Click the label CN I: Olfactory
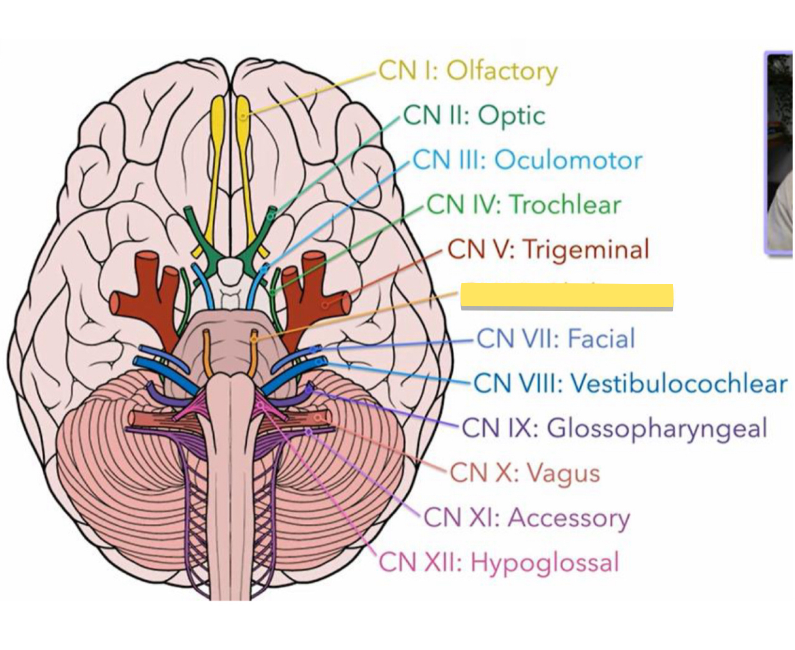pyautogui.click(x=468, y=71)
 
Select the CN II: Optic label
pyautogui.click(x=474, y=116)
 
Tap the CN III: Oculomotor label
pyautogui.click(x=527, y=160)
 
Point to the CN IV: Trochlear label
pyautogui.click(x=524, y=204)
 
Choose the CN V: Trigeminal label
pyautogui.click(x=548, y=249)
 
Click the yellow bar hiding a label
pyautogui.click(x=566, y=296)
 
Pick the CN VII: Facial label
pyautogui.click(x=556, y=339)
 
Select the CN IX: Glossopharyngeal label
pyautogui.click(x=614, y=428)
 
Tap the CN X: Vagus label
pyautogui.click(x=525, y=472)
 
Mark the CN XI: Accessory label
pyautogui.click(x=527, y=518)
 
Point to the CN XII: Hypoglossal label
pyautogui.click(x=499, y=563)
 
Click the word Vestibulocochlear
pyautogui.click(x=679, y=383)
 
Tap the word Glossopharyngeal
pyautogui.click(x=657, y=428)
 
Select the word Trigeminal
pyautogui.click(x=586, y=249)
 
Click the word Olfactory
pyautogui.click(x=502, y=71)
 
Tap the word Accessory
pyautogui.click(x=569, y=518)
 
